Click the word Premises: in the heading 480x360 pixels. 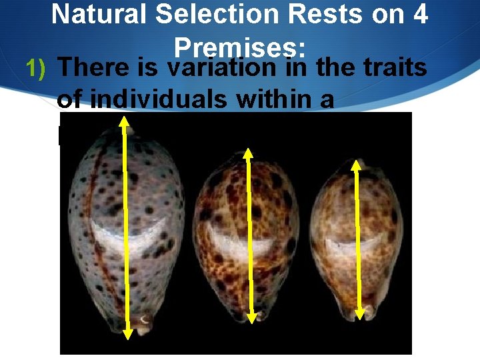[239, 47]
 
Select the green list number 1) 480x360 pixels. [37, 68]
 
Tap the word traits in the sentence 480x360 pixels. [393, 68]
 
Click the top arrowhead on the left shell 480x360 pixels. [125, 120]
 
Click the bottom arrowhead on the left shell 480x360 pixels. [128, 331]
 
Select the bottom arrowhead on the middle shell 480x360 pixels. [251, 318]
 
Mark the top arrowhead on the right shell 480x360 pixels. [357, 163]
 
